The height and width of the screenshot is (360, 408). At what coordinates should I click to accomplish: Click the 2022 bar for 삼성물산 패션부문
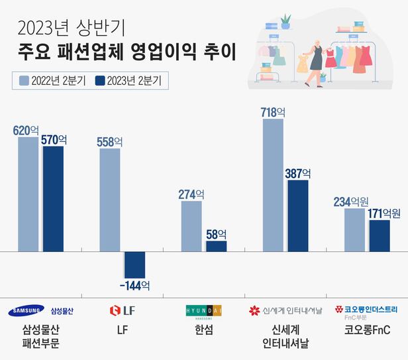coord(28,194)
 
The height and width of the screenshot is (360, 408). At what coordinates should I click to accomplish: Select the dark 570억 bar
coord(53,199)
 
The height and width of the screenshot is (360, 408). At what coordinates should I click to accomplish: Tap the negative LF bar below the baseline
coord(134,265)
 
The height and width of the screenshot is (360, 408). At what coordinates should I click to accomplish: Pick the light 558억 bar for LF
coord(110,200)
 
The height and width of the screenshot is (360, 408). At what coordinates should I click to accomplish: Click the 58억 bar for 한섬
coord(216,246)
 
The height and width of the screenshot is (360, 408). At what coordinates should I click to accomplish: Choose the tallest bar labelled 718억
coord(273,185)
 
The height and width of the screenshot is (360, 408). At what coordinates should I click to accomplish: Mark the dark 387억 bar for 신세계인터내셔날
coord(298,215)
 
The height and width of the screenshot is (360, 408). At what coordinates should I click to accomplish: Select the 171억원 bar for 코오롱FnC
coord(380,235)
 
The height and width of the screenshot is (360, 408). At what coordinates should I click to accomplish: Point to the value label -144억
coord(134,286)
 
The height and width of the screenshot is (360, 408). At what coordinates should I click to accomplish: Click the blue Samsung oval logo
coord(26,310)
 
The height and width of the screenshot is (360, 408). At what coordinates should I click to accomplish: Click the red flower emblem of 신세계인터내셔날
coord(254,310)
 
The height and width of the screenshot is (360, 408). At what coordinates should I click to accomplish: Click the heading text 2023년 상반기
coord(72,27)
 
